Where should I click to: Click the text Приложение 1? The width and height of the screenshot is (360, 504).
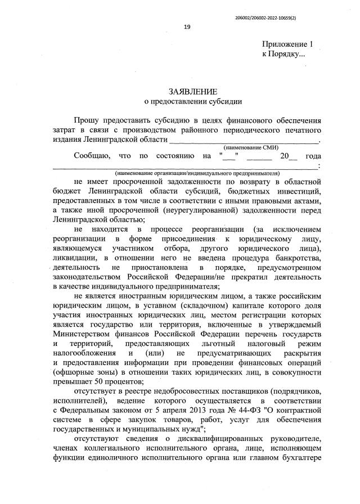coord(287,44)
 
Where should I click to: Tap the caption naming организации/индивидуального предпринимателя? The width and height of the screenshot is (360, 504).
coord(197,173)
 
